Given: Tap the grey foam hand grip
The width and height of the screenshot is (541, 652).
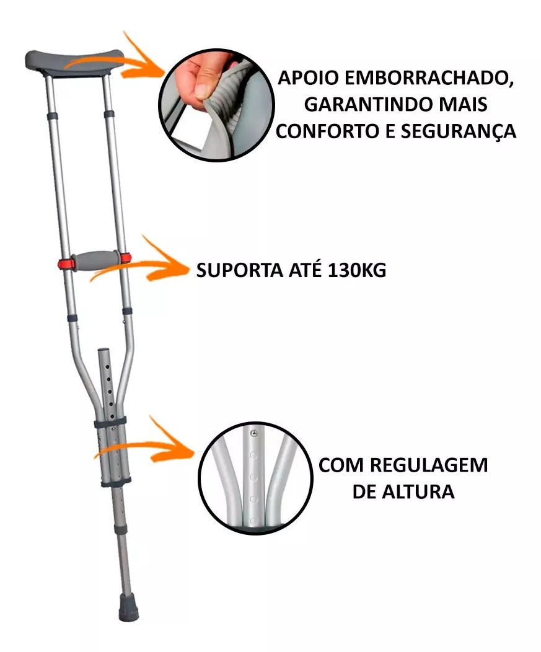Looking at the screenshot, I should (97, 260).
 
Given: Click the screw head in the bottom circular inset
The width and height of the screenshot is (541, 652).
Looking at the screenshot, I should (253, 434).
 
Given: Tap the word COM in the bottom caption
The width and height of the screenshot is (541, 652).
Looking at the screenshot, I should (341, 465).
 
